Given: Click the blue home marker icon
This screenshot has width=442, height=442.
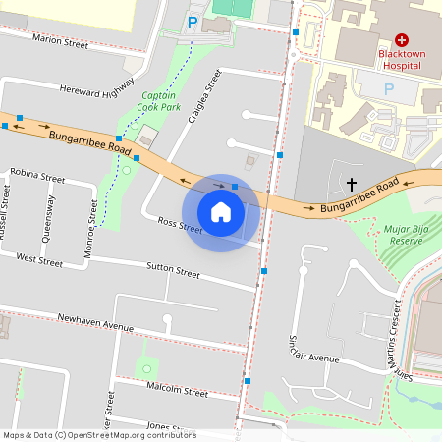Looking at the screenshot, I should point(221,212).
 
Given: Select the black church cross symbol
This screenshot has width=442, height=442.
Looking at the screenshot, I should point(352,184).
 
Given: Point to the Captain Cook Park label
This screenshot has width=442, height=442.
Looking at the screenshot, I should point(156,100).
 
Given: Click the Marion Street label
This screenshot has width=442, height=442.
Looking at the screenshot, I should point(60,39).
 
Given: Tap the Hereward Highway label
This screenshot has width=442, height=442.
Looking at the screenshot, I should point(96,89).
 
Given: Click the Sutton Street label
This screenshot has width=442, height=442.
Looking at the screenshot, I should point(173,267).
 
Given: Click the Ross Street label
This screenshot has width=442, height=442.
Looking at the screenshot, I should point(180,228).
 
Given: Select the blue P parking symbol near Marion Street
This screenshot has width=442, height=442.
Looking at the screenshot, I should point(193,22).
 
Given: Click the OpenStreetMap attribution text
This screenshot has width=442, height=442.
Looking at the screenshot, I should point(98,434).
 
